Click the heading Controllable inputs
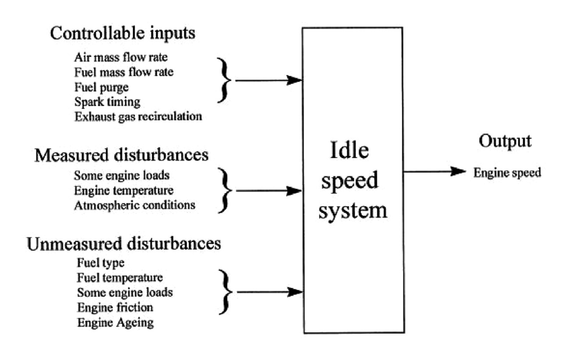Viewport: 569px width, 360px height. (x=123, y=34)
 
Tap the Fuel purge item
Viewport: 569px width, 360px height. (x=101, y=87)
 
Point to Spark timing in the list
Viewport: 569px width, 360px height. (x=107, y=102)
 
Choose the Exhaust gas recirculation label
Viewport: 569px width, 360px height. (x=138, y=116)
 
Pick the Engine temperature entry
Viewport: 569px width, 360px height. (x=123, y=191)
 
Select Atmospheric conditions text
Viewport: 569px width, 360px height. (x=134, y=205)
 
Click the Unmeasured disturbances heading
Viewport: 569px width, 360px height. (x=124, y=244)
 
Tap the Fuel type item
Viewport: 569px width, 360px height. (x=101, y=263)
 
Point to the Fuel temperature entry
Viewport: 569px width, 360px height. (x=120, y=278)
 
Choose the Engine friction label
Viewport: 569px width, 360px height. (x=115, y=308)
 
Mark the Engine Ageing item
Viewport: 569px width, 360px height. (x=116, y=323)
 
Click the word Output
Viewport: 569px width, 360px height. (x=505, y=141)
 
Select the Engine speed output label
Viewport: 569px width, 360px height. (x=507, y=173)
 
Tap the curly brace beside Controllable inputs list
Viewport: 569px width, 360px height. (x=226, y=80)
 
